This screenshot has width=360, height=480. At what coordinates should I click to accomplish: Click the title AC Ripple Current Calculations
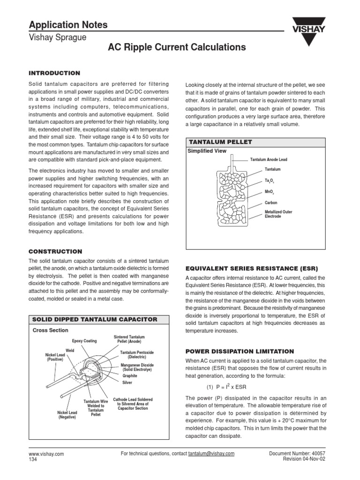[x=177, y=47]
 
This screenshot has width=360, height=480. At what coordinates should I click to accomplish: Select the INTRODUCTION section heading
[x=54, y=73]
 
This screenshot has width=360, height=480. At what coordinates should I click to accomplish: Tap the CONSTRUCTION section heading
[x=55, y=251]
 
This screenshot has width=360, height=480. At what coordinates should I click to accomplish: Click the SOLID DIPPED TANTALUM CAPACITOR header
[x=94, y=319]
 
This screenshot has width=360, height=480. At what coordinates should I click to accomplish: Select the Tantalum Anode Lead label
[x=269, y=159]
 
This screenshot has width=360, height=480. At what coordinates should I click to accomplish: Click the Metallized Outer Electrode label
[x=278, y=214]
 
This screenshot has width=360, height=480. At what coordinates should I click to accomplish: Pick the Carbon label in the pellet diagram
[x=272, y=203]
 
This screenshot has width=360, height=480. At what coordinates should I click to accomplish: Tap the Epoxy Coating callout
[x=84, y=341]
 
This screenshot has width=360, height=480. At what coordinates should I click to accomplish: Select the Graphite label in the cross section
[x=130, y=375]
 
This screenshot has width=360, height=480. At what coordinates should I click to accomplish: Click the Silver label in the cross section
[x=127, y=383]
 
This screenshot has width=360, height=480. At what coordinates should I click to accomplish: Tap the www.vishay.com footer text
[x=46, y=454]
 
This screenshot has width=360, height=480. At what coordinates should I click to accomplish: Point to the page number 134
[x=33, y=460]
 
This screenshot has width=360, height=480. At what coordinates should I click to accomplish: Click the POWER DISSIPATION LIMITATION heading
[x=240, y=351]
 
